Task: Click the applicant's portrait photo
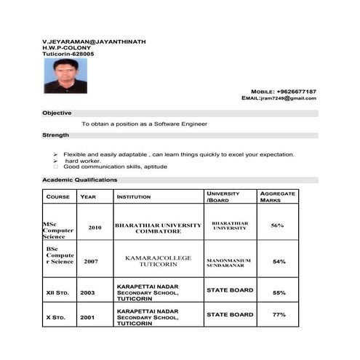(x=65, y=76)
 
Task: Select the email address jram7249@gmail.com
(x=289, y=98)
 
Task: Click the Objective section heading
(x=57, y=113)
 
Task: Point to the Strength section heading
(x=56, y=135)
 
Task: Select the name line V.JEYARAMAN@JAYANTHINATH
(x=94, y=42)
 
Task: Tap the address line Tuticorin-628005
(x=68, y=55)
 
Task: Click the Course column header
(x=58, y=197)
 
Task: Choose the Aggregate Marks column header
(x=277, y=196)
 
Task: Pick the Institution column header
(x=135, y=197)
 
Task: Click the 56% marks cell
(x=277, y=225)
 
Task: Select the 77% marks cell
(x=279, y=315)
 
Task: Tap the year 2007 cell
(x=91, y=261)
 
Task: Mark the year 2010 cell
(x=95, y=228)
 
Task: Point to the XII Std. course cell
(x=57, y=293)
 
